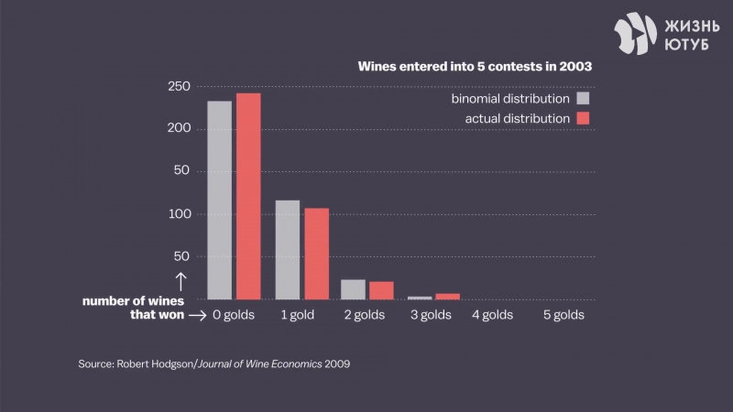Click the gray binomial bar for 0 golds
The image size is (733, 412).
219,200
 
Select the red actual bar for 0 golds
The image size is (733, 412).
248,196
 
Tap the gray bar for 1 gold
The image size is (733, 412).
287,249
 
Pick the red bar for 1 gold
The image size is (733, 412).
316,254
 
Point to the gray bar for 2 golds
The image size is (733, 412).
353,289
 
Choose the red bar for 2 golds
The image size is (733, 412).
381,290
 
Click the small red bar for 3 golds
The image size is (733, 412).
447,296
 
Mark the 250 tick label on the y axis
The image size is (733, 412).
179,87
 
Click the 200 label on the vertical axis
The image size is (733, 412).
179,129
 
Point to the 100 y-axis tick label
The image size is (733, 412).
179,214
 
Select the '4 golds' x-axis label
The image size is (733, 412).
492,316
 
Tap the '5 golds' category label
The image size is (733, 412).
563,316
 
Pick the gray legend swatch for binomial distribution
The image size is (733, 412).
583,99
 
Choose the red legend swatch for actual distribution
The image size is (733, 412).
583,118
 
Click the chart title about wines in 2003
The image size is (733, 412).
474,67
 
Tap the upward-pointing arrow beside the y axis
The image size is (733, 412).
181,282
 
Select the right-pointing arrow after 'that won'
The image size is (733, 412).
195,316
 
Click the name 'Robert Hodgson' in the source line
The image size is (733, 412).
154,363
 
